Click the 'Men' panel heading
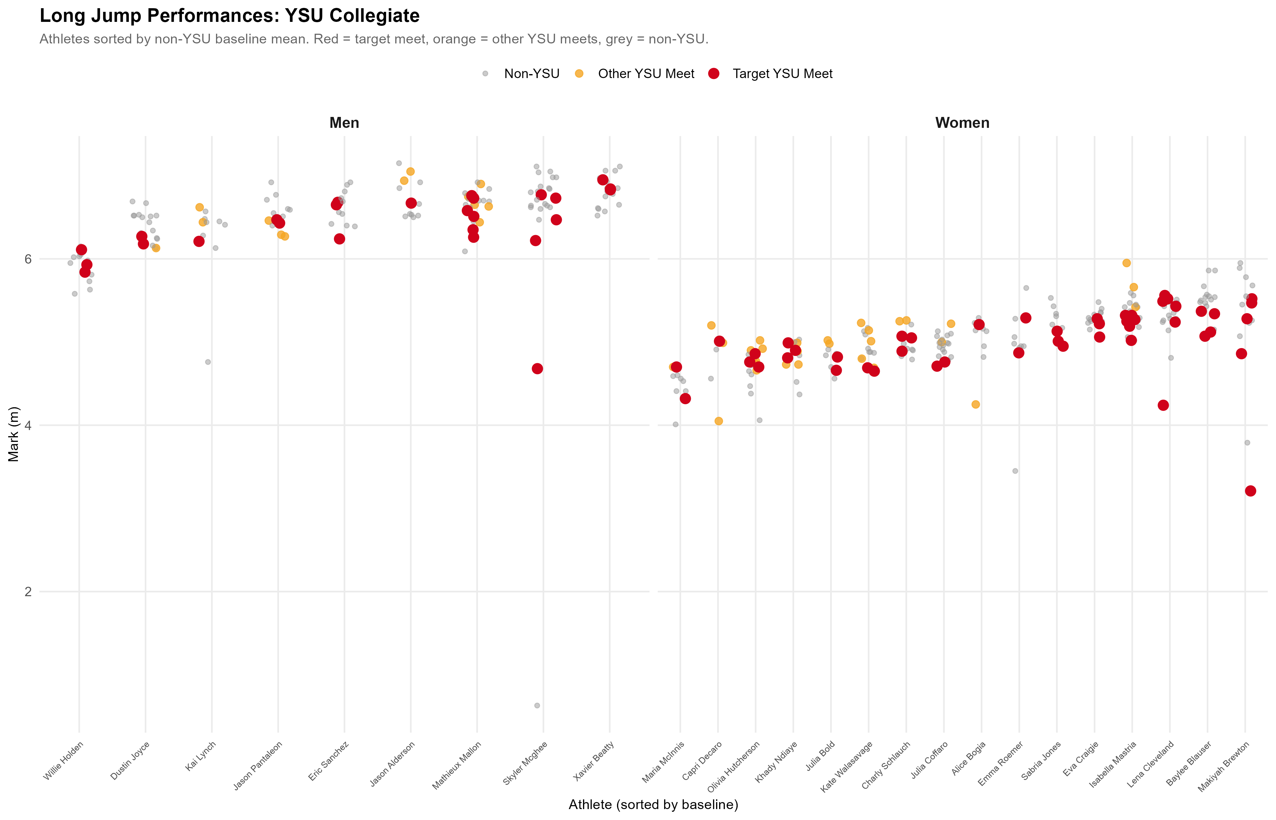tap(344, 123)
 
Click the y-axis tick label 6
tap(28, 259)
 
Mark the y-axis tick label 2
tap(28, 592)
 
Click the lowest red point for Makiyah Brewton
tap(1250, 491)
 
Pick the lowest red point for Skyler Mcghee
tap(537, 368)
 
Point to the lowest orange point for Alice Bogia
tap(976, 404)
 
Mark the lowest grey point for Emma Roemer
tap(1015, 471)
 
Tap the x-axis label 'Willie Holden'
tap(63, 761)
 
